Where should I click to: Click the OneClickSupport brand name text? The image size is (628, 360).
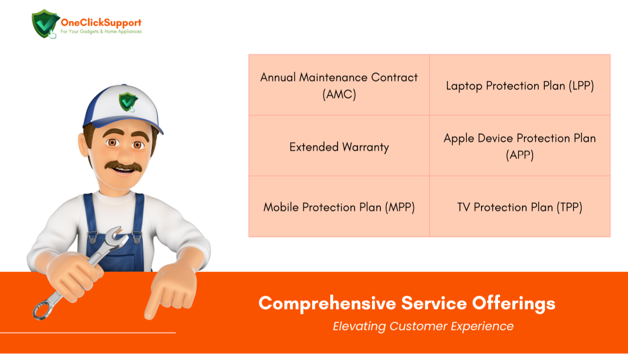(101, 23)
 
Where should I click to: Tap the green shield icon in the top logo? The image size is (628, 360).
(45, 23)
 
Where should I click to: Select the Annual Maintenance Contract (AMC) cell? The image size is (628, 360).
(339, 85)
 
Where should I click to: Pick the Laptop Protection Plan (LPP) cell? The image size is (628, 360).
(520, 85)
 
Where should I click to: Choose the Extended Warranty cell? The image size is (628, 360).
(339, 146)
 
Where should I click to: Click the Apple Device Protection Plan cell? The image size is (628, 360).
(520, 146)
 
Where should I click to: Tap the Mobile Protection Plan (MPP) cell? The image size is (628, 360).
(339, 207)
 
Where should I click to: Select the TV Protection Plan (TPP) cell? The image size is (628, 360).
(520, 207)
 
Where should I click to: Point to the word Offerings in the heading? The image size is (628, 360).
(514, 304)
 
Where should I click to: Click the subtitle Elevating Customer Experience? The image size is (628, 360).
(423, 326)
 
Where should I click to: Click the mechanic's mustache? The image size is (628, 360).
(124, 166)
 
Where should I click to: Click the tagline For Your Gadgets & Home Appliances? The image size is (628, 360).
(101, 32)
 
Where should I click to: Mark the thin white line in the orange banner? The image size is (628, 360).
(88, 333)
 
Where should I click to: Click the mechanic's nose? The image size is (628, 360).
(126, 156)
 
